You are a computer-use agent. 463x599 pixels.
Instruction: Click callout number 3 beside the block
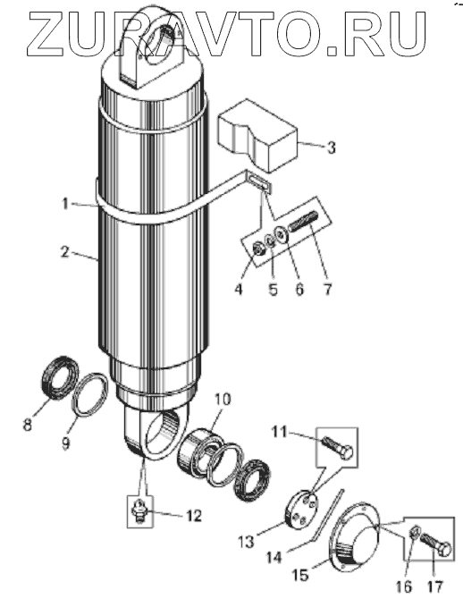point(331,148)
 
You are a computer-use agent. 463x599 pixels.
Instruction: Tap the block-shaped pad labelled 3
point(257,135)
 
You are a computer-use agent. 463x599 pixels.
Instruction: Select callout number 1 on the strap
point(65,204)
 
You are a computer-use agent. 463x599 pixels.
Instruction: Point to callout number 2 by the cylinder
point(65,252)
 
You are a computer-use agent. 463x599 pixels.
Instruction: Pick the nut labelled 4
point(260,249)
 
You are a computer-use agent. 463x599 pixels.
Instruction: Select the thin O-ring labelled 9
point(90,394)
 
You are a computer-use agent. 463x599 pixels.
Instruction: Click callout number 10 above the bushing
point(223,400)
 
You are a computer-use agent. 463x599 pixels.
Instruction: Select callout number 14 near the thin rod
point(274,557)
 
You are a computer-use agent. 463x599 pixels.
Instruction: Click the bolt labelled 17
point(435,544)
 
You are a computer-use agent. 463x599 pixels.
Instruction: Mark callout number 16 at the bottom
point(405,586)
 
